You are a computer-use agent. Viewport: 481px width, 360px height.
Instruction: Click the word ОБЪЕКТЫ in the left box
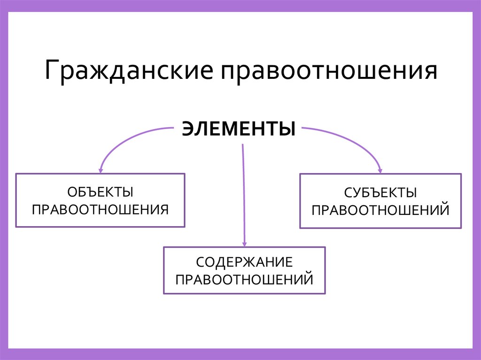(x=100, y=192)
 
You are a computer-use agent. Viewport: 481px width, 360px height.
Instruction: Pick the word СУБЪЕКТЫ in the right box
(x=380, y=193)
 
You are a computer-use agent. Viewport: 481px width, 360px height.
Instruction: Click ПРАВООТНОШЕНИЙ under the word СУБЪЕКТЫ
(x=380, y=209)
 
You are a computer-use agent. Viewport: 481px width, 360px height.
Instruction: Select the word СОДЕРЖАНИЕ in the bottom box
(x=244, y=263)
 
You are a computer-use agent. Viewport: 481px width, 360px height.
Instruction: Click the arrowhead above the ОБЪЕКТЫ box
(x=100, y=169)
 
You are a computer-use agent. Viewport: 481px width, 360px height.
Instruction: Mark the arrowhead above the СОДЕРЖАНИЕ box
(x=244, y=243)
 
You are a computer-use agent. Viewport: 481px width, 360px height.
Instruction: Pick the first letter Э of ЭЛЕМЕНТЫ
(x=187, y=129)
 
